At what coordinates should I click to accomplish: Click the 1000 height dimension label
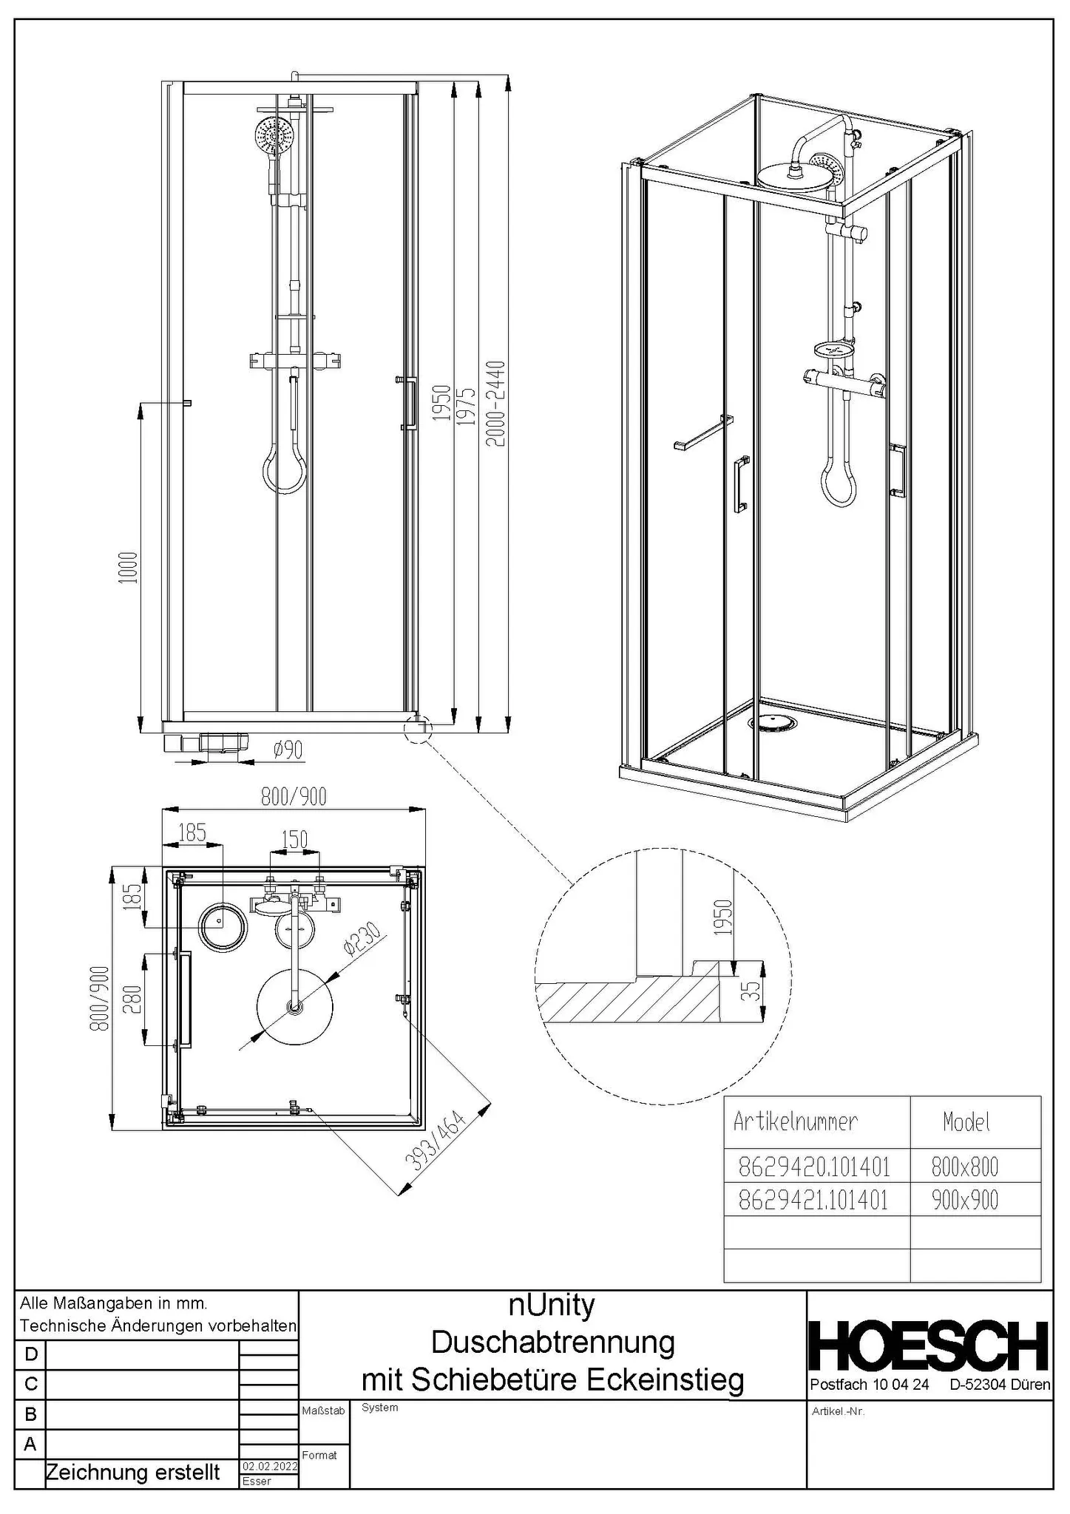click(128, 567)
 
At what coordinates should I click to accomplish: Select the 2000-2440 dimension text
click(497, 403)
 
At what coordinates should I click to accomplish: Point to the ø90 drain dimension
click(288, 750)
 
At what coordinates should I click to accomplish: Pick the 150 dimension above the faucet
click(294, 839)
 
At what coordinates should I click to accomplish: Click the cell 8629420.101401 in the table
click(814, 1167)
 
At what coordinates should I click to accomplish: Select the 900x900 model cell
click(964, 1200)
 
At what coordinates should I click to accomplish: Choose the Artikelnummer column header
click(795, 1121)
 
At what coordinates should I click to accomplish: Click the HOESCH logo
click(929, 1346)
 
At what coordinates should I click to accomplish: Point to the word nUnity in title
click(552, 1305)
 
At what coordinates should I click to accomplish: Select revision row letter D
click(30, 1355)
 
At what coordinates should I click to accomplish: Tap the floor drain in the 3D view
click(773, 724)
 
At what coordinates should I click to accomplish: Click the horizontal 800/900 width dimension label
click(294, 796)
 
